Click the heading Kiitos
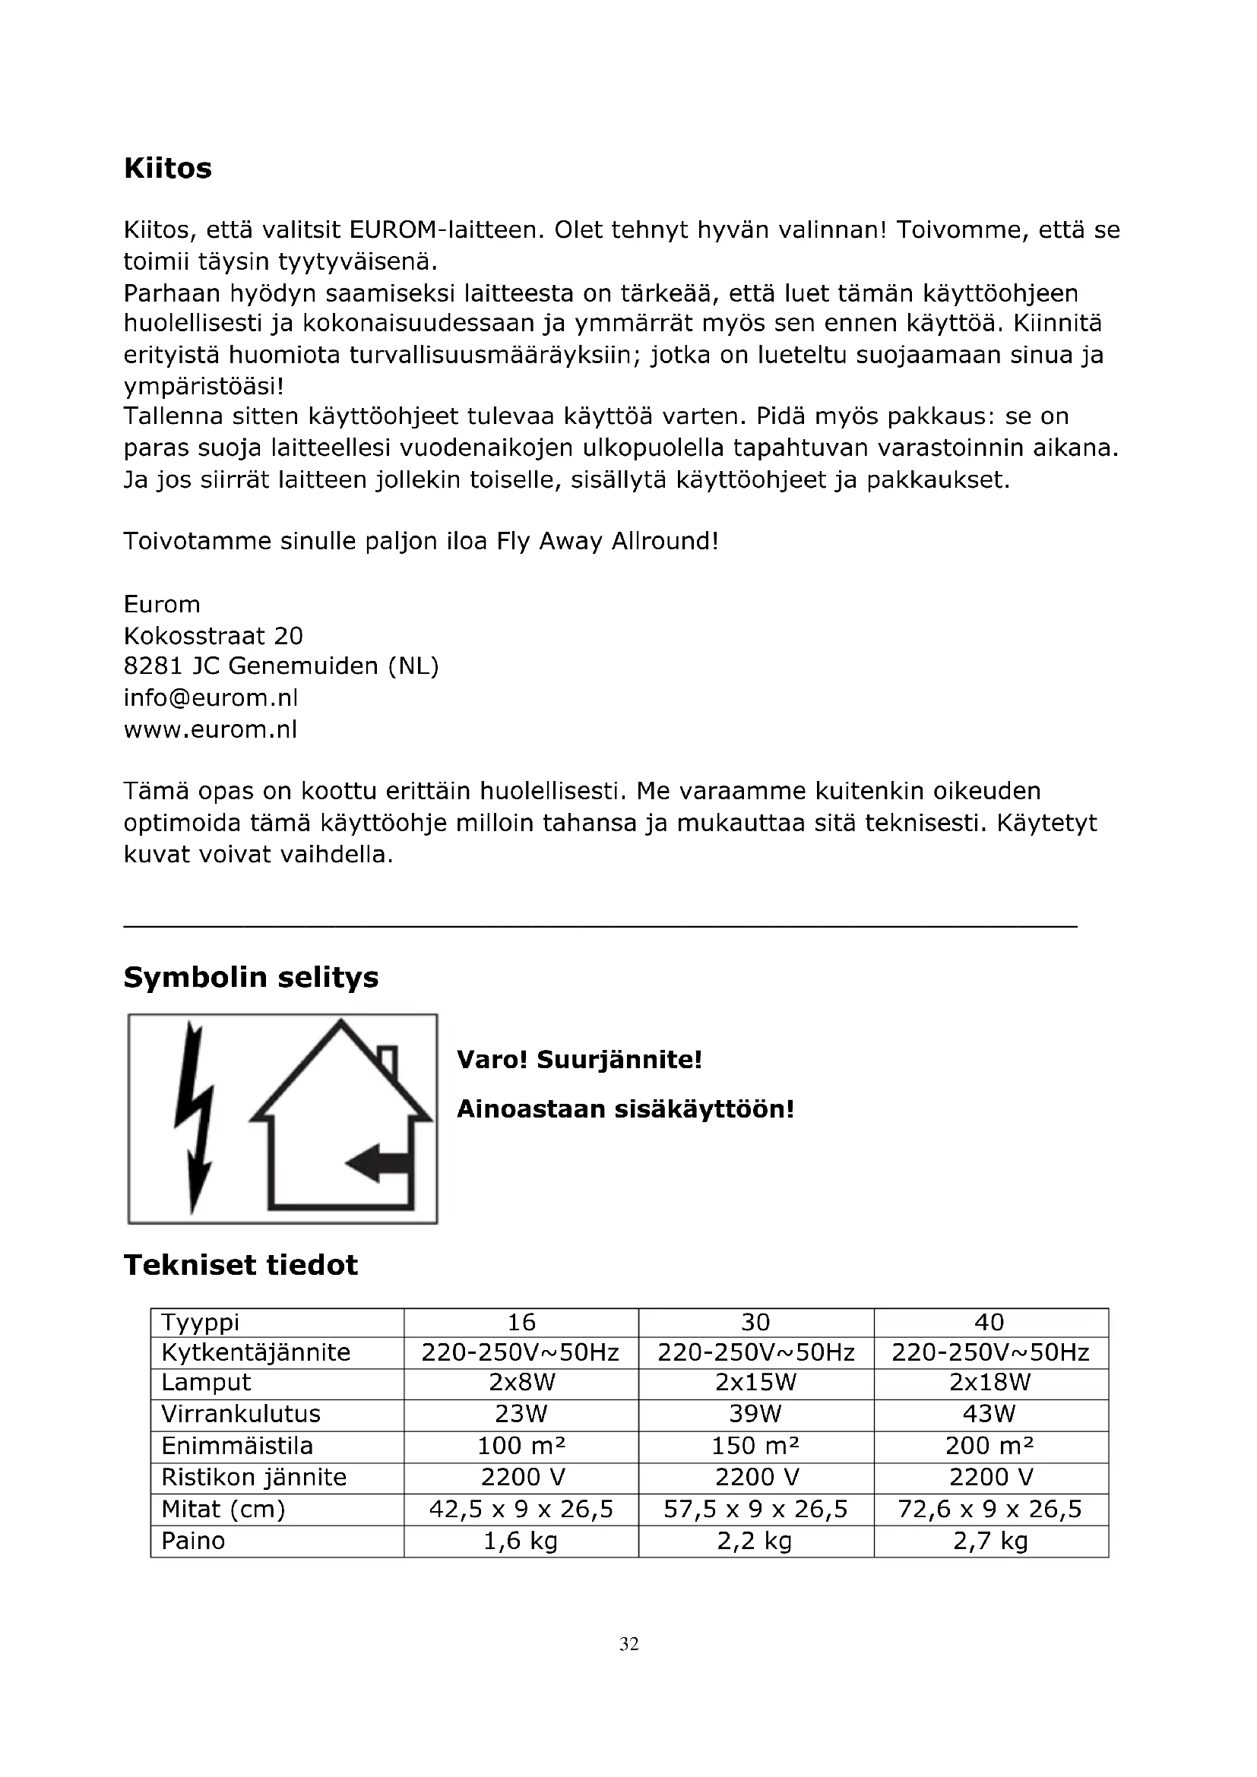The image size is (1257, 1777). [x=167, y=169]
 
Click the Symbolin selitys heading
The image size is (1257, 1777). [x=251, y=978]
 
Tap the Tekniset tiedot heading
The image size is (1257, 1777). [x=241, y=1266]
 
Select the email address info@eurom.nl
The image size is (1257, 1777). [x=211, y=697]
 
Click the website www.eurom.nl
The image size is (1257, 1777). [x=211, y=729]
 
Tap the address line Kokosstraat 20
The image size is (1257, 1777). [x=213, y=635]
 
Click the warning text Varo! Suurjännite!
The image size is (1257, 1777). [x=579, y=1059]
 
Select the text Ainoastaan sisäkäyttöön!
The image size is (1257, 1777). [x=625, y=1109]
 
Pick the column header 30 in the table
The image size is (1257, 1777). [x=755, y=1322]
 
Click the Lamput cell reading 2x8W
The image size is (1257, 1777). [x=521, y=1382]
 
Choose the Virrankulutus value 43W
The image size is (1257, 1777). [x=989, y=1414]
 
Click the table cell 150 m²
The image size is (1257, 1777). [x=755, y=1446]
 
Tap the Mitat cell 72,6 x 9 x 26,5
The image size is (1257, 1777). [x=989, y=1510]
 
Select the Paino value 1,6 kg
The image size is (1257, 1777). [x=521, y=1541]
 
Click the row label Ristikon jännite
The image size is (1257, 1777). [x=253, y=1478]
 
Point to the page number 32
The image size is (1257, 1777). [x=628, y=1644]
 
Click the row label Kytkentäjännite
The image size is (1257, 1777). [x=255, y=1352]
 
